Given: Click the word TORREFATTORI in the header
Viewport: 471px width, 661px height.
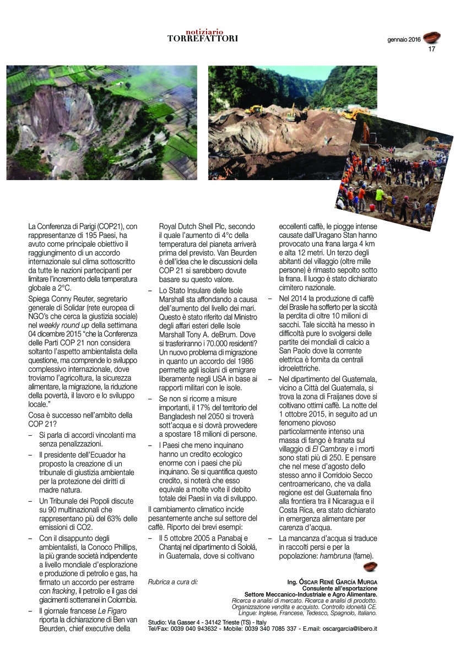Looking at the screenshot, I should click(x=203, y=39).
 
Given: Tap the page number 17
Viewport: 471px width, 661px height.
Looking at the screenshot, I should click(x=432, y=48).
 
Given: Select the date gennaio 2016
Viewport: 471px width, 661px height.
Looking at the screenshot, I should click(x=404, y=40).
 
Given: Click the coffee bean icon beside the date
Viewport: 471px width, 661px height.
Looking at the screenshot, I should click(x=432, y=37).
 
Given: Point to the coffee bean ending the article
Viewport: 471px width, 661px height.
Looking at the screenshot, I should click(x=370, y=567).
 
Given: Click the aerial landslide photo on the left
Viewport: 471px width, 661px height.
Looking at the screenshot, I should click(x=102, y=122).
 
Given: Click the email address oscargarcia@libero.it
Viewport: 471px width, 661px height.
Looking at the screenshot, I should click(x=343, y=628).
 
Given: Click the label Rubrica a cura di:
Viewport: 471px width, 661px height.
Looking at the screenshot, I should click(x=173, y=582).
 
